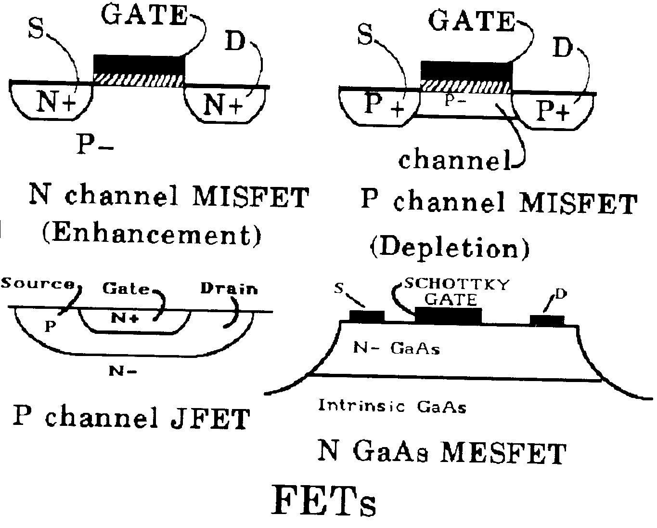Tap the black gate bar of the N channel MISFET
[x=139, y=64]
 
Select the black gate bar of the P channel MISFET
[x=465, y=70]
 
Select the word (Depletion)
[x=450, y=248]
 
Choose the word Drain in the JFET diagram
[x=229, y=289]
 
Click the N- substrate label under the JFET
[x=123, y=370]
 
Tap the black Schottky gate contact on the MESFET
[x=448, y=316]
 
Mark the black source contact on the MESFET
[x=367, y=317]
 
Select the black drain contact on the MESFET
[x=547, y=319]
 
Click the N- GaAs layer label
[x=397, y=348]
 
